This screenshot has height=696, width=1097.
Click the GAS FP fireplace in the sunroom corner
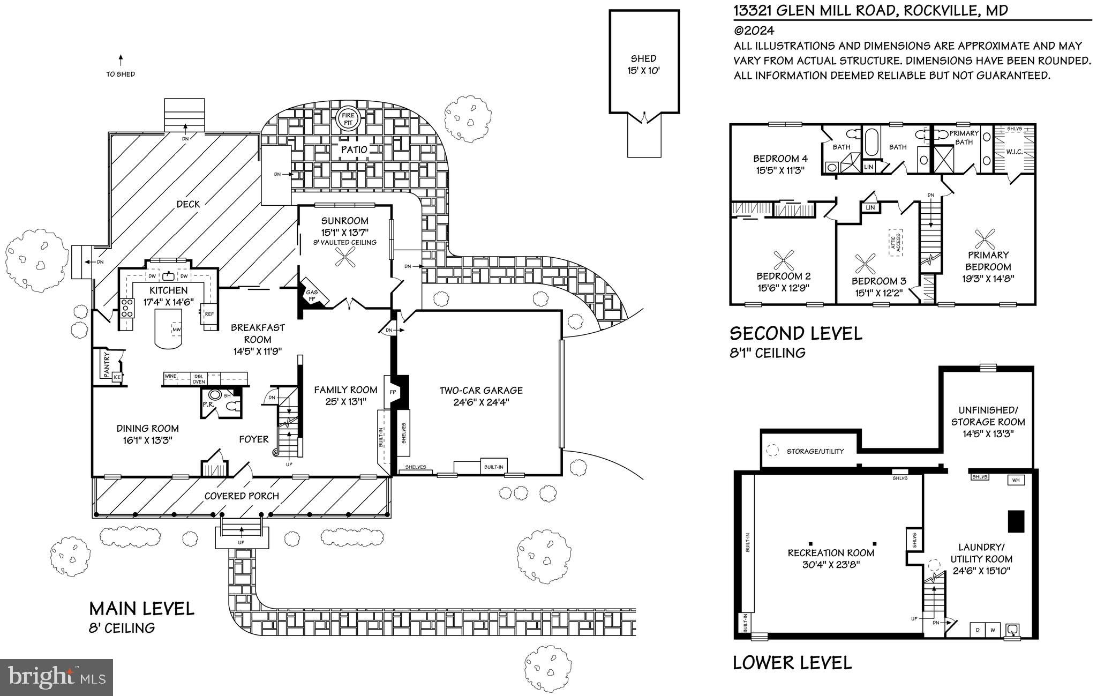click(311, 295)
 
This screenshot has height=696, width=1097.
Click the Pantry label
click(107, 364)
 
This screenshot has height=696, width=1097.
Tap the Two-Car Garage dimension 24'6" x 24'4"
click(480, 402)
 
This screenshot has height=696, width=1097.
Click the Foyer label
click(253, 439)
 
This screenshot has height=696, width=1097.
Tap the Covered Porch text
click(242, 496)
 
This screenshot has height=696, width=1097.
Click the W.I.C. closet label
click(1014, 152)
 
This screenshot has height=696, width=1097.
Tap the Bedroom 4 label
click(780, 159)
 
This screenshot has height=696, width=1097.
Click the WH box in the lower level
click(1015, 480)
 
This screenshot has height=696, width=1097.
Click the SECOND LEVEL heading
click(796, 333)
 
